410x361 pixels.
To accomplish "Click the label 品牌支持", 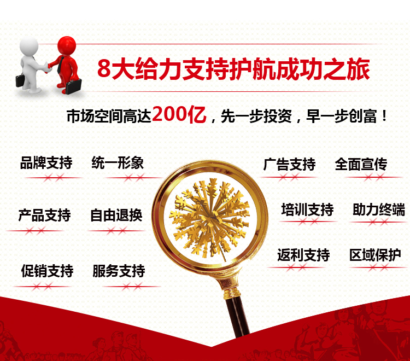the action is pyautogui.click(x=46, y=162).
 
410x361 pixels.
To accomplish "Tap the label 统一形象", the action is pyautogui.click(x=118, y=162).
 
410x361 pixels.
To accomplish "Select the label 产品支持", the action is pyautogui.click(x=44, y=216).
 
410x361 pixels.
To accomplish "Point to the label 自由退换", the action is pyautogui.click(x=116, y=216).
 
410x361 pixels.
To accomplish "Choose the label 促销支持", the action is pyautogui.click(x=48, y=271).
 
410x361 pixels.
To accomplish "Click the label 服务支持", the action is pyautogui.click(x=119, y=271).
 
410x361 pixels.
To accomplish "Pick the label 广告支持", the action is pyautogui.click(x=289, y=164).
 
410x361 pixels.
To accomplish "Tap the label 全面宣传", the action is pyautogui.click(x=361, y=164).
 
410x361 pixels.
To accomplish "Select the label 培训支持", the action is pyautogui.click(x=307, y=209).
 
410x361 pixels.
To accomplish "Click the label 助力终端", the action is pyautogui.click(x=379, y=209).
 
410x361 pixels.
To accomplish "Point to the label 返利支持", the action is pyautogui.click(x=303, y=255).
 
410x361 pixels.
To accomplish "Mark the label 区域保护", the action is pyautogui.click(x=375, y=255).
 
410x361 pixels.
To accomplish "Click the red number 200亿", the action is pyautogui.click(x=179, y=114).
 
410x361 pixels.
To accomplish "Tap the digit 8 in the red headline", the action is pyautogui.click(x=104, y=69).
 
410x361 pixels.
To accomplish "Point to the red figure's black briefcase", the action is pyautogui.click(x=73, y=86).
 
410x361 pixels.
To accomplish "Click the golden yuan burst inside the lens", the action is pyautogui.click(x=209, y=218).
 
